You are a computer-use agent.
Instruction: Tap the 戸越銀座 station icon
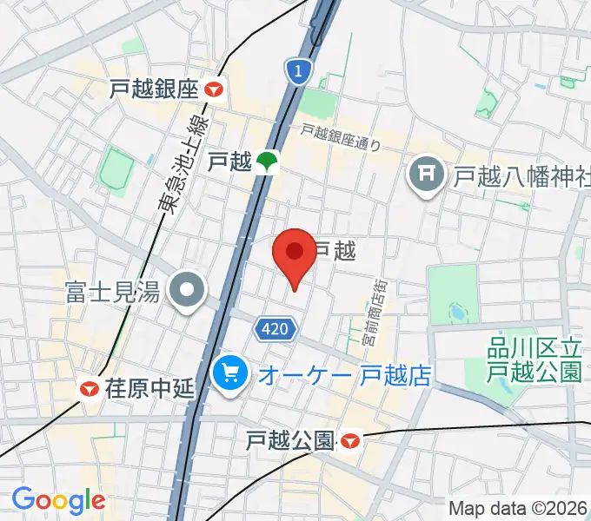click(215, 88)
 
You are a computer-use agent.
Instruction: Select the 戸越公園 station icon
click(349, 442)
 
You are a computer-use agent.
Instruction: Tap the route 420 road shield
click(276, 329)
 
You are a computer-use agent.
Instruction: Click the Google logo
click(58, 500)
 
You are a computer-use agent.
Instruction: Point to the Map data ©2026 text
click(519, 507)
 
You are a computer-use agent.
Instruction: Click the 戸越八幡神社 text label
click(519, 177)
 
